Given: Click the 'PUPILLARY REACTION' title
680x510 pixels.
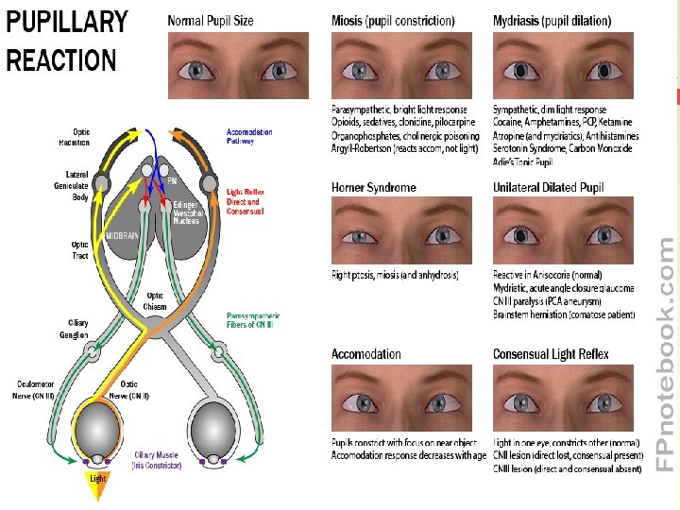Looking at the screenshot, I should point(66,41).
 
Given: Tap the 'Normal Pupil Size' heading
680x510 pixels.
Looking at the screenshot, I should point(211,21).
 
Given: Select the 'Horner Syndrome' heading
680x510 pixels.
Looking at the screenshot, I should point(374,188).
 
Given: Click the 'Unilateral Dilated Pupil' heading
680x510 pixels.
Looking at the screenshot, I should point(548,188).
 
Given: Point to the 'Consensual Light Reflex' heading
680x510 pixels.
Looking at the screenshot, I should point(551,354).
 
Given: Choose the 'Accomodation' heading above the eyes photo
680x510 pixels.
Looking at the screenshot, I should point(366,354).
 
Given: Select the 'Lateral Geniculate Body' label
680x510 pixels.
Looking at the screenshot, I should point(77,185).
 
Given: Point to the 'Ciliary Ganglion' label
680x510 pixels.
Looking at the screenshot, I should point(77,328).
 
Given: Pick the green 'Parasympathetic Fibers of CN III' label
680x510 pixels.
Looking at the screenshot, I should point(252,321).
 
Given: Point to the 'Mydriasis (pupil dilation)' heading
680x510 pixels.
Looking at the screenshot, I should point(552,21).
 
